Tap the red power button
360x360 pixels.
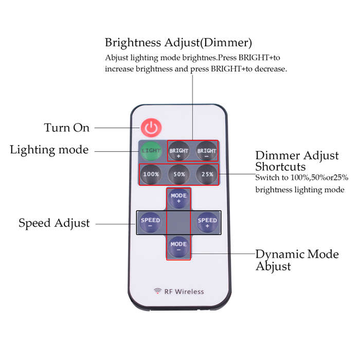click(151, 128)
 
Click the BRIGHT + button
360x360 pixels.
click(178, 151)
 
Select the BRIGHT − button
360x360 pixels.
click(206, 151)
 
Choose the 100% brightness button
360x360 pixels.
click(151, 174)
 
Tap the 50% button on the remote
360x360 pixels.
click(179, 174)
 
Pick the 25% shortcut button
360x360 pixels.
click(207, 174)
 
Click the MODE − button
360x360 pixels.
click(178, 246)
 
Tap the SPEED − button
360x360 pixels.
click(150, 223)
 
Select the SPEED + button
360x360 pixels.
click(207, 223)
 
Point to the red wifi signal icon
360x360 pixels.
click(157, 291)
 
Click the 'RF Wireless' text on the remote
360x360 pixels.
click(184, 292)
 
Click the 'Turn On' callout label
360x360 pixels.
click(66, 128)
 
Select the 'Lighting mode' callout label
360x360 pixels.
click(49, 150)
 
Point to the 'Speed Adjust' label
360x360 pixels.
click(54, 223)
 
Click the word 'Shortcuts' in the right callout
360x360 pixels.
click(280, 167)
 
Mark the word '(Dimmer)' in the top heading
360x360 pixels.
click(226, 43)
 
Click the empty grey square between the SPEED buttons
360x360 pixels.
click(178, 223)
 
